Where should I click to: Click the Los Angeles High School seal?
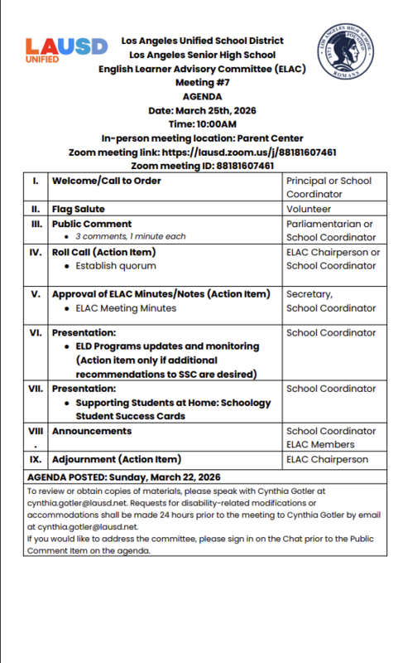click(x=347, y=51)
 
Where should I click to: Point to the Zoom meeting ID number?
click(x=245, y=166)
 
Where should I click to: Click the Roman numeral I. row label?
click(x=34, y=181)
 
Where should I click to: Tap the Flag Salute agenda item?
click(x=78, y=210)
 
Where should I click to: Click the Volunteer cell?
click(x=308, y=210)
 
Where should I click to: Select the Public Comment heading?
click(x=91, y=224)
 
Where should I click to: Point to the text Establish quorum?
click(x=115, y=266)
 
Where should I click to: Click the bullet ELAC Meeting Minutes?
click(x=125, y=308)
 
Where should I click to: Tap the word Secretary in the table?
click(x=309, y=294)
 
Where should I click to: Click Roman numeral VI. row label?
click(x=35, y=332)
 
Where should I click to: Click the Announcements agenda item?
click(x=91, y=431)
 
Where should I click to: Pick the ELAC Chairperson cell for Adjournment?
click(x=327, y=459)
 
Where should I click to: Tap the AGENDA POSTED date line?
click(x=124, y=477)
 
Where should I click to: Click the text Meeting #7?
click(x=202, y=83)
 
